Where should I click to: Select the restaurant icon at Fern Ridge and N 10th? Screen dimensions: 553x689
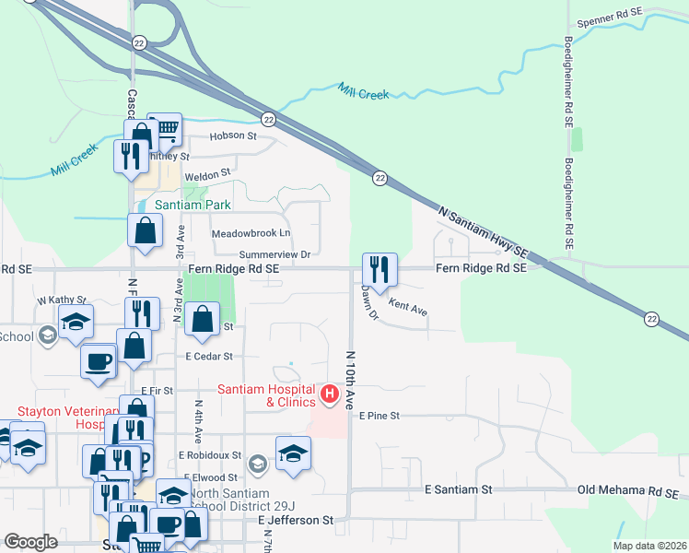click(x=380, y=269)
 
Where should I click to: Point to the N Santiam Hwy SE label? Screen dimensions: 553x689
click(x=483, y=230)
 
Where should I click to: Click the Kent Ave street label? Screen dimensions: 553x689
click(x=408, y=308)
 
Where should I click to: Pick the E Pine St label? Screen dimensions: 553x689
click(x=380, y=417)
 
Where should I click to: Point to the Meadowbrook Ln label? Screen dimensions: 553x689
click(x=251, y=233)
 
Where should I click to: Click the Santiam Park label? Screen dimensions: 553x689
click(x=193, y=204)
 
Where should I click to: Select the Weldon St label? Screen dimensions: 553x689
click(x=207, y=173)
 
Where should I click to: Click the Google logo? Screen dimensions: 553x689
click(x=31, y=542)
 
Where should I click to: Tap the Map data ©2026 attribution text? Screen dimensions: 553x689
click(x=649, y=546)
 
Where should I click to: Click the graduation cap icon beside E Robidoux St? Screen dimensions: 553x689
click(x=293, y=453)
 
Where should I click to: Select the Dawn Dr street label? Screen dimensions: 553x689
click(x=369, y=304)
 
